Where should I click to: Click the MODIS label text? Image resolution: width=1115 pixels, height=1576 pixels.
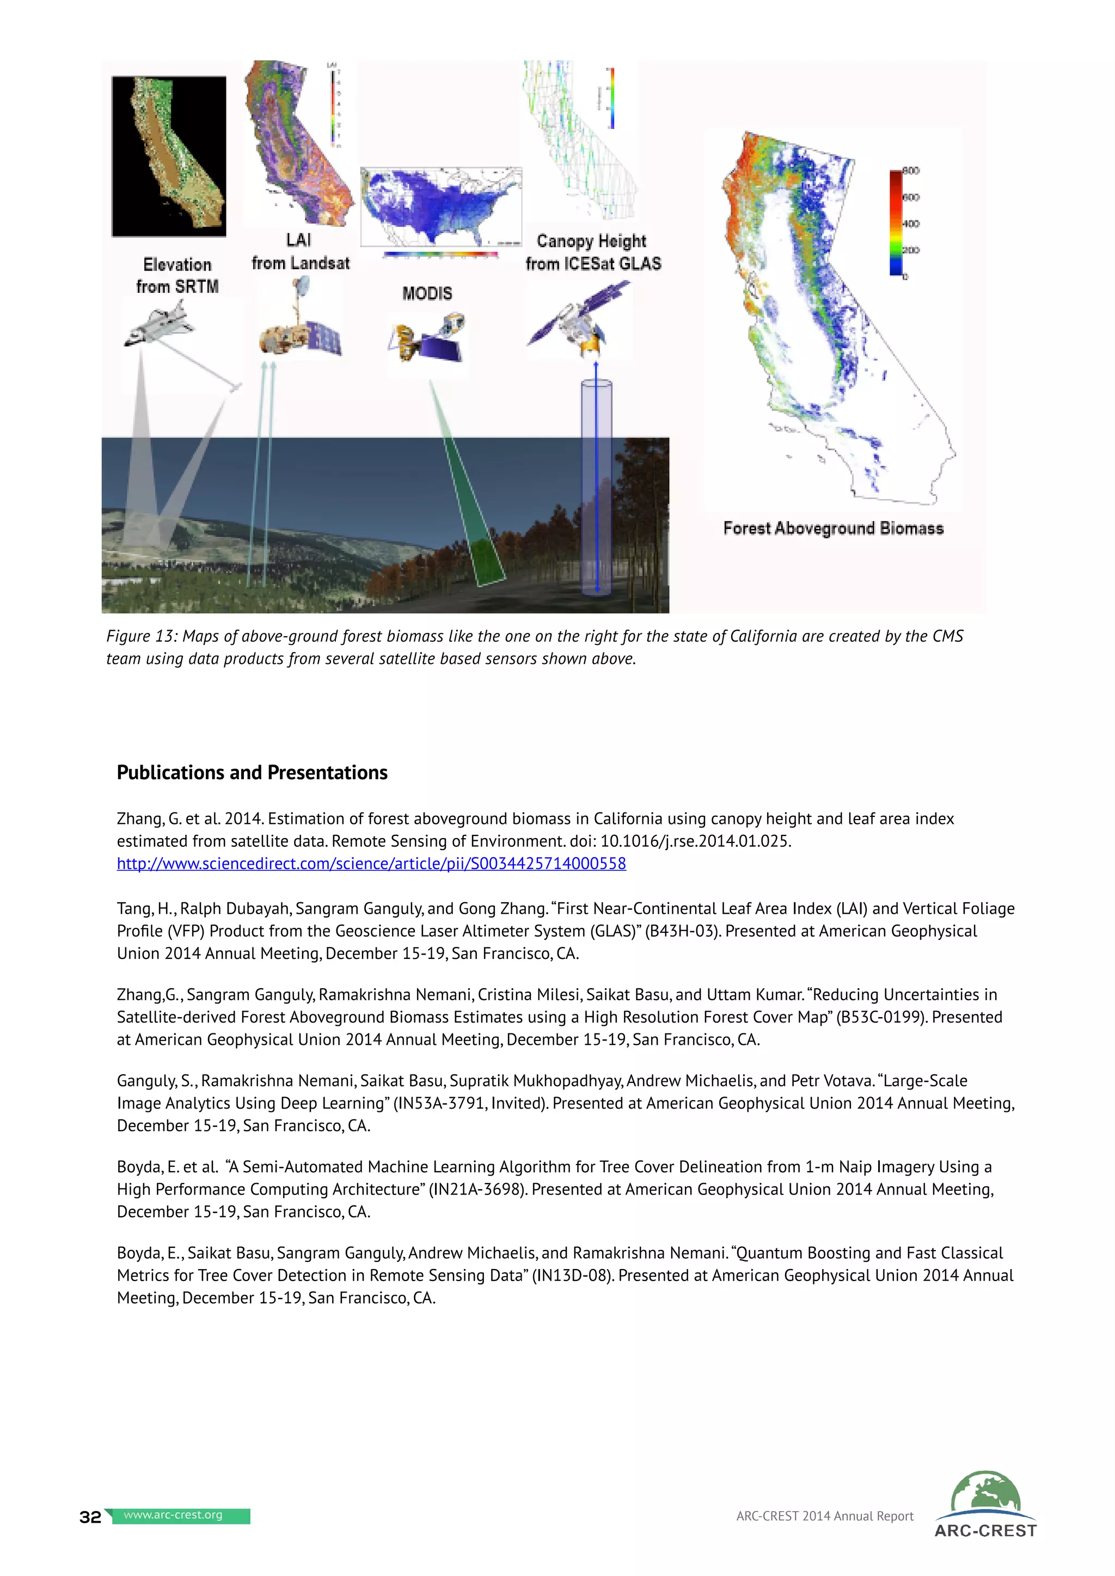pos(427,294)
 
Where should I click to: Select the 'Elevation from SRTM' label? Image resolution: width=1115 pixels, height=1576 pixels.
pos(177,275)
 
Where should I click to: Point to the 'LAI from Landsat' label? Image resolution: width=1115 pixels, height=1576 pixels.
pos(300,251)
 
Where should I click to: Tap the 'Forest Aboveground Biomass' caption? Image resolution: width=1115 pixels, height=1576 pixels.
pos(833,528)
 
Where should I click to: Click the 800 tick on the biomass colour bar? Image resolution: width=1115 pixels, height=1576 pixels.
pos(910,170)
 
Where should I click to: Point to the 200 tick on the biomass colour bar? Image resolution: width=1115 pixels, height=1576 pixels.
pos(910,250)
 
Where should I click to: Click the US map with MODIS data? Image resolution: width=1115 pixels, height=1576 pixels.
pos(441,206)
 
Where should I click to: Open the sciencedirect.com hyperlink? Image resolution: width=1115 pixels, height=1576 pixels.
pos(371,864)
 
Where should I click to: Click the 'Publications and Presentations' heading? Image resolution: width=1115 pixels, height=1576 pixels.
pos(252,772)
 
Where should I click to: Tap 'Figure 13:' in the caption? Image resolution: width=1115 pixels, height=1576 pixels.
pos(142,636)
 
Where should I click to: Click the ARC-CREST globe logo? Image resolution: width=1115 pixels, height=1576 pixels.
pos(985,1495)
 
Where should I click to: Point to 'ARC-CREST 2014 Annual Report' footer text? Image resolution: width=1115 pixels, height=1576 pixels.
pos(825,1516)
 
